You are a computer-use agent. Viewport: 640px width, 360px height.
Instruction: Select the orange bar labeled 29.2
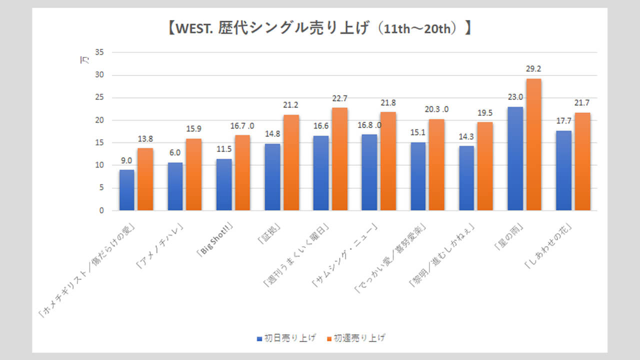click(533, 144)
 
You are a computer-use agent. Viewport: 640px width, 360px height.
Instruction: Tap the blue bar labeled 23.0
click(515, 158)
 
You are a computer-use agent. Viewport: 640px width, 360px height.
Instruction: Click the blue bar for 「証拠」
click(272, 177)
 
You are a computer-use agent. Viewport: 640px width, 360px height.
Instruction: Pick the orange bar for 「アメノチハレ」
click(194, 174)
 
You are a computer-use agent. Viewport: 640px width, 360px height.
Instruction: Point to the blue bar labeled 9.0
click(127, 190)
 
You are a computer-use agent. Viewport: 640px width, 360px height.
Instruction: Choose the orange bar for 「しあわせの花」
click(582, 161)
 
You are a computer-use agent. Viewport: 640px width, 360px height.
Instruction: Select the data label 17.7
click(563, 121)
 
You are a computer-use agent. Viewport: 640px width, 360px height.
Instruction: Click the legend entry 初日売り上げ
click(286, 338)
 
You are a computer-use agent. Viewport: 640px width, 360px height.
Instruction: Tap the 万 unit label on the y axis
click(85, 60)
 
